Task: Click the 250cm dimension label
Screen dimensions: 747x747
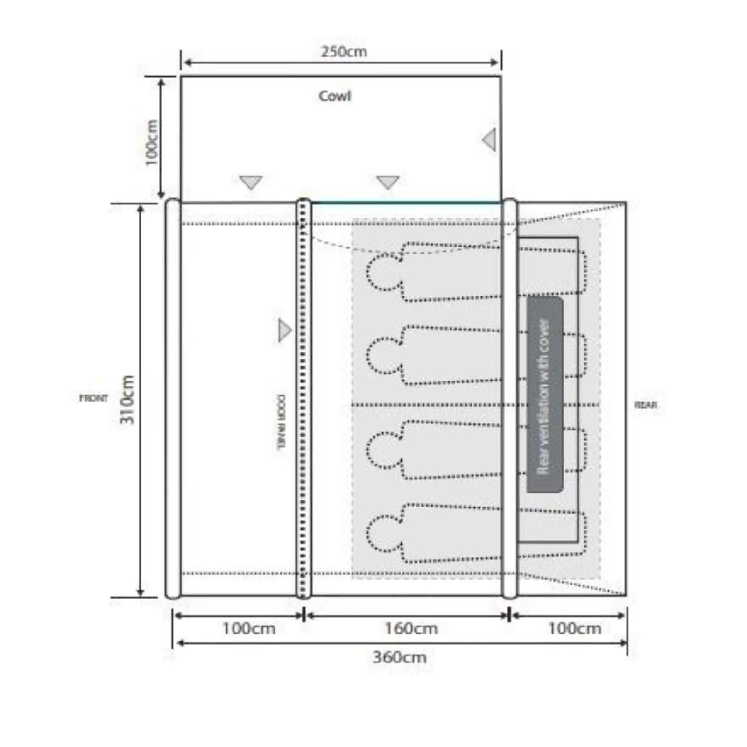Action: coord(344,51)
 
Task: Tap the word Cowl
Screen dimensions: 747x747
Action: coord(334,96)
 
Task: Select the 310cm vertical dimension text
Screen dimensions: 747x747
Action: coord(127,400)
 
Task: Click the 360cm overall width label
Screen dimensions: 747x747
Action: coord(400,657)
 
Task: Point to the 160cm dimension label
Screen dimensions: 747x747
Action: coord(411,628)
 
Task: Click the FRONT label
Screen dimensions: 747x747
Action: coord(93,398)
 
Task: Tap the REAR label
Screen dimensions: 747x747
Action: coord(646,405)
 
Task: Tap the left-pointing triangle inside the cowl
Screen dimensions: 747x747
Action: coord(490,140)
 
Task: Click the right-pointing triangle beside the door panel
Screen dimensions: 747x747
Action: coord(284,331)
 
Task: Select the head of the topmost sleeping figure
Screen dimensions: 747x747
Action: coord(383,272)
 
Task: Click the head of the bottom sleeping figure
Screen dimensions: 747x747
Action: coord(383,533)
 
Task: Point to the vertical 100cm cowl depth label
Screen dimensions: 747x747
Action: coord(152,143)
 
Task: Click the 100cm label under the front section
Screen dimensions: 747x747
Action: coord(248,628)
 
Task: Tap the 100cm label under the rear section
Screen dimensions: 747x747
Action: coord(574,628)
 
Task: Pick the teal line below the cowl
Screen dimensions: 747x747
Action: coord(406,203)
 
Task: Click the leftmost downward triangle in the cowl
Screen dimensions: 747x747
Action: coord(251,182)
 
